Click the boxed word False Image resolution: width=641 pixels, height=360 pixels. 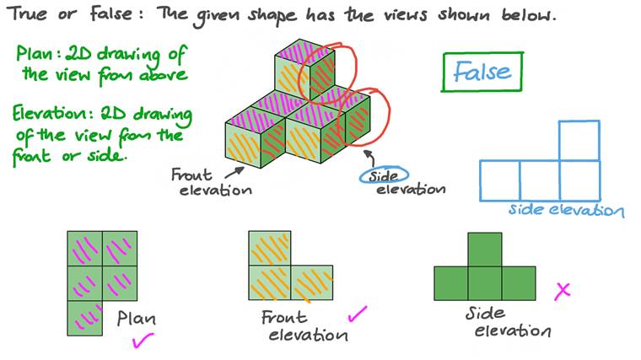482,73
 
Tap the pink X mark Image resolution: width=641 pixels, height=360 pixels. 562,291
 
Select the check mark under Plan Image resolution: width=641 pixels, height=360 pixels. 141,341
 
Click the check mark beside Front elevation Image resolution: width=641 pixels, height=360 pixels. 358,315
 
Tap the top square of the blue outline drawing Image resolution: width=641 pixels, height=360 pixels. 579,140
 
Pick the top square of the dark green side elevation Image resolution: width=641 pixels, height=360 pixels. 484,250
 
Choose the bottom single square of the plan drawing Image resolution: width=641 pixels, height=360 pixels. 84,318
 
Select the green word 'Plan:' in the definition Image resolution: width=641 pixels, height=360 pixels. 39,55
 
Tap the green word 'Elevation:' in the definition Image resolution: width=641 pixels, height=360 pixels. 52,116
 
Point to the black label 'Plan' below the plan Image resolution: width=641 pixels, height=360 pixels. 137,320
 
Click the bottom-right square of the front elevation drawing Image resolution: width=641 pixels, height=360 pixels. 312,283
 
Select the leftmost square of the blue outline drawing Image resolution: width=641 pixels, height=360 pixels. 499,179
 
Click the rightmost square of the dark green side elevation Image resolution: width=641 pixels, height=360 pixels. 518,283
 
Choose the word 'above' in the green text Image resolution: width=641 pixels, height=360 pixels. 158,74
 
